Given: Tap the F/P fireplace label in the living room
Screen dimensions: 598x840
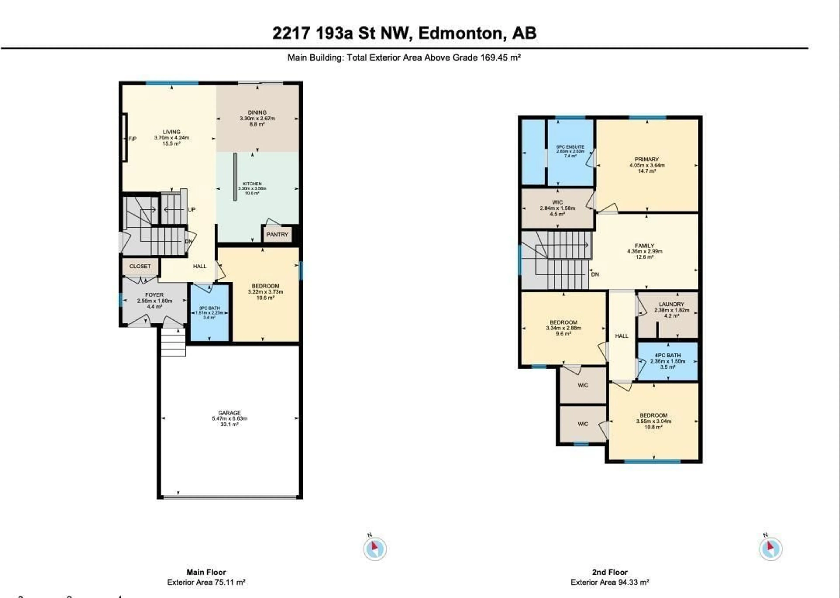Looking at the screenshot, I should click(132, 139).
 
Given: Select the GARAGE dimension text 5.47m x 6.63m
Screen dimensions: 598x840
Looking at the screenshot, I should click(229, 419).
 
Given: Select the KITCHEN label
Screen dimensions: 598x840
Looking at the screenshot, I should click(252, 184).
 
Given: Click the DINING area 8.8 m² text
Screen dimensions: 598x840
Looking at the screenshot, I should click(257, 124).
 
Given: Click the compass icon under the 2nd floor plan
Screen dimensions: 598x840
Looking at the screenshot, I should click(770, 549).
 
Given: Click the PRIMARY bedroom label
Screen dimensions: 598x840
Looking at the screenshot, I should click(647, 159).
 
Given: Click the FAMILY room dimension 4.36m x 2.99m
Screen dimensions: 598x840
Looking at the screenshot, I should click(645, 251).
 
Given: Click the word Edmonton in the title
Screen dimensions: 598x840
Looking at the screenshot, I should click(460, 33).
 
